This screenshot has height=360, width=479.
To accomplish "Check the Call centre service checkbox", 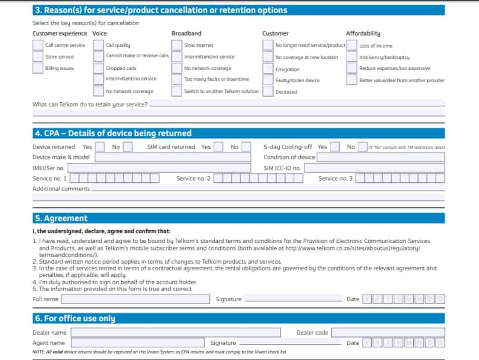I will tap(38, 45).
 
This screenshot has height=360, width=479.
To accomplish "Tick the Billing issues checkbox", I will tap(38, 68).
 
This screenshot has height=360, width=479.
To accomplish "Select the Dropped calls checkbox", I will tap(99, 68).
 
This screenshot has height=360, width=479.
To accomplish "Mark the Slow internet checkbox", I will tap(177, 45).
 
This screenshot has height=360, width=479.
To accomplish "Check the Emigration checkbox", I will tap(268, 68).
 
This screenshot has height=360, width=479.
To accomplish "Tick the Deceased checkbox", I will tap(268, 91).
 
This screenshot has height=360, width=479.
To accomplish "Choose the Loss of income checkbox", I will tap(352, 45).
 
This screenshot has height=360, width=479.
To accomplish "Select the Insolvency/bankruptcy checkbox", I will tap(352, 57).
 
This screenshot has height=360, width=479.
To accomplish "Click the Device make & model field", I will tap(173, 157).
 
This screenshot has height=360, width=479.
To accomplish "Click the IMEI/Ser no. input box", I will tap(159, 168).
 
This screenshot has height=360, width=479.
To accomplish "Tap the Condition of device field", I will tap(381, 157).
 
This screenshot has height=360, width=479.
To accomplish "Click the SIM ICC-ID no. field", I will tap(374, 168).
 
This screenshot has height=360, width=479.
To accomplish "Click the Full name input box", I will tap(136, 299).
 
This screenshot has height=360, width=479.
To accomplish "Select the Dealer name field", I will tap(176, 333).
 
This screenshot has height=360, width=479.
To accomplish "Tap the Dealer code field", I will tap(388, 333).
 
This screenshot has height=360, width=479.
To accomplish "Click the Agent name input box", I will tap(138, 343).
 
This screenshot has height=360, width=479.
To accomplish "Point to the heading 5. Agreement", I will tap(61, 218).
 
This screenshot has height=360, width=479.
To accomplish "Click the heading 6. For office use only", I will tap(75, 318).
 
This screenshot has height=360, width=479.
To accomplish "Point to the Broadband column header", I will tap(186, 33).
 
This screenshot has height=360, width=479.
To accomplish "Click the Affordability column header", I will tap(363, 33).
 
